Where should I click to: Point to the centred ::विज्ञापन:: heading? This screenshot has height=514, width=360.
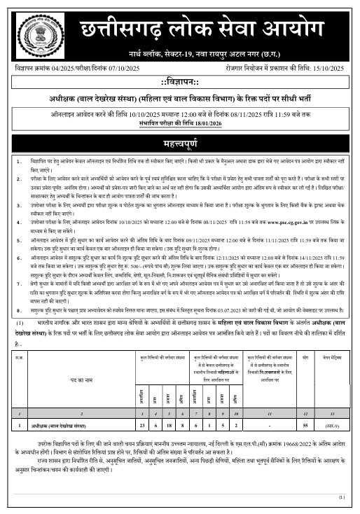pyautogui.click(x=180, y=83)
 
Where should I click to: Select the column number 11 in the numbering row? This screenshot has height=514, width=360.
pyautogui.click(x=268, y=413)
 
